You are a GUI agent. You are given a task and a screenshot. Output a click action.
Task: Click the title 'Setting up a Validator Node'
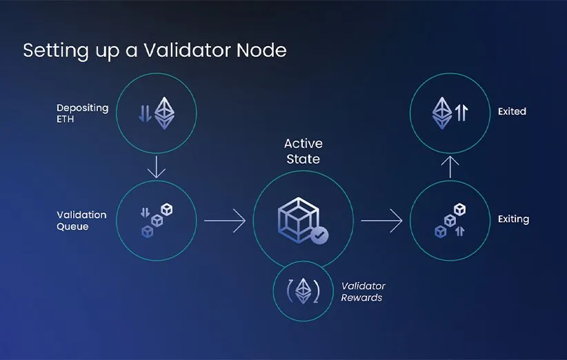155,50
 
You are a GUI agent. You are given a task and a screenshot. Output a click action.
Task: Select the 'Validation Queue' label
81,221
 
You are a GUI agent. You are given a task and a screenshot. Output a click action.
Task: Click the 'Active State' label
304,151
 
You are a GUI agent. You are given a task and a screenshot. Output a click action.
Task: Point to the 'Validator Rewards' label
364,292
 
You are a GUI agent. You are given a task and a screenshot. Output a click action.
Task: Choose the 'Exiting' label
513,219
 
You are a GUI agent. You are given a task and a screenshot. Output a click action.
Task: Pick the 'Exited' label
512,111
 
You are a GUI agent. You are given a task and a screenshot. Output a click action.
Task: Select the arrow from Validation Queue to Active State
224,221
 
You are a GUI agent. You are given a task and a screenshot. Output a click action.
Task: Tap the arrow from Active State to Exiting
381,221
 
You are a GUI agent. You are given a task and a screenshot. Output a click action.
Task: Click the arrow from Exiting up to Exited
450,167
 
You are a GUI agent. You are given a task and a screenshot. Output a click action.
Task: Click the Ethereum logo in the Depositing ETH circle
164,113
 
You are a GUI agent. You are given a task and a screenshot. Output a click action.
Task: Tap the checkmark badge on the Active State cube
319,236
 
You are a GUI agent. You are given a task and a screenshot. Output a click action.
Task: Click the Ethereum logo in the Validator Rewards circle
303,292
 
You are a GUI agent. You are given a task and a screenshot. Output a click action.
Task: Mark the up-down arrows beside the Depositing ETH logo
145,113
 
